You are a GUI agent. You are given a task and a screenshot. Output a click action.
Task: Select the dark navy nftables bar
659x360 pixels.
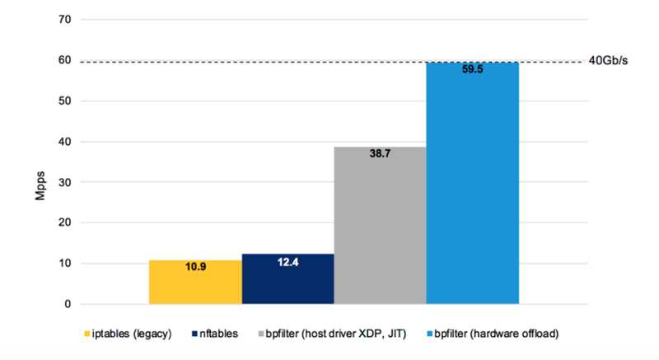[287, 279]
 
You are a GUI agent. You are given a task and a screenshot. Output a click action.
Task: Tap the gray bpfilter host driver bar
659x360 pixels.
[380, 231]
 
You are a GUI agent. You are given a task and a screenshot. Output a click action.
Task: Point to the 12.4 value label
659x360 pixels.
[287, 263]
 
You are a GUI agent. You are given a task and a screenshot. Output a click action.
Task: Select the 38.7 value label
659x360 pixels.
[380, 155]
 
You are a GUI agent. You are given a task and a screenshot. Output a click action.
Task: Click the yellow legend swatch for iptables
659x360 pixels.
[87, 334]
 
